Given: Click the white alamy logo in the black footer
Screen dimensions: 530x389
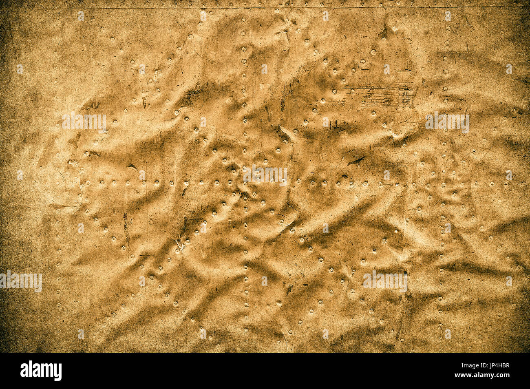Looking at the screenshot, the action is [x=41, y=371].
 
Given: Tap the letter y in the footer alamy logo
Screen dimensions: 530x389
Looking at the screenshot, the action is [x=57, y=371].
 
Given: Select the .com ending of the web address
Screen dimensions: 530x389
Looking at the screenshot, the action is [x=502, y=375].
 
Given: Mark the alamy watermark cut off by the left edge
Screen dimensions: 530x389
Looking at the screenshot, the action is [x=20, y=281].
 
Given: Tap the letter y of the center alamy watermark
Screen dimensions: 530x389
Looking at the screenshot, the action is [x=283, y=176].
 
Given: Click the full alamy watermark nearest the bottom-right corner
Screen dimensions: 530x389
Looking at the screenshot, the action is [x=385, y=281].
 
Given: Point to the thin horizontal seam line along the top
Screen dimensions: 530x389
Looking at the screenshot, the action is [x=265, y=8].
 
